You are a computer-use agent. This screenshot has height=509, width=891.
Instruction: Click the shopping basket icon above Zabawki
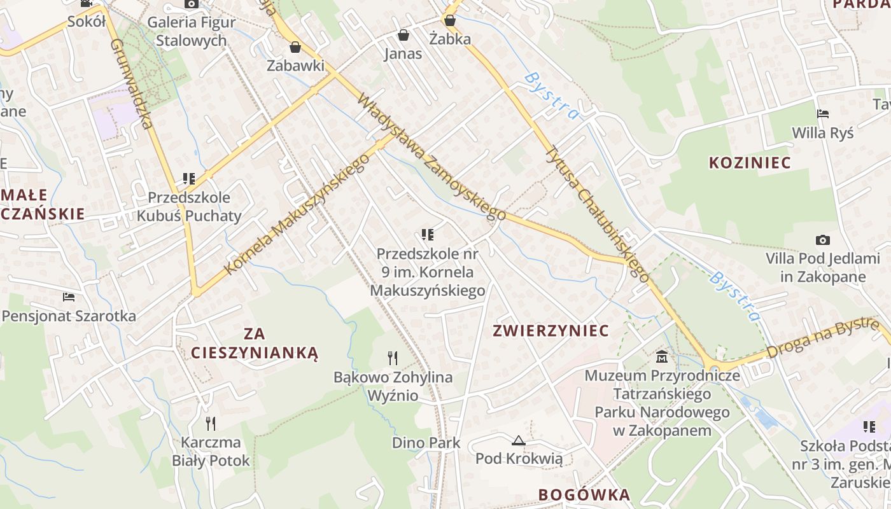(295, 47)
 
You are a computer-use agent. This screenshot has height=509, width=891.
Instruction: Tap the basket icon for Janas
(403, 34)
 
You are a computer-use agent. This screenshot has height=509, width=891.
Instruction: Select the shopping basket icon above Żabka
(450, 20)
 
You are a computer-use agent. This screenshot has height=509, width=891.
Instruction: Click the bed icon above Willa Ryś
(823, 115)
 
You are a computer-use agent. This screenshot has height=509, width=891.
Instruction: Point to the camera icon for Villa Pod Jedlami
(823, 240)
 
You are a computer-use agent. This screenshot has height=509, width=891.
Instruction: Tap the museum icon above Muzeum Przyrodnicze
(662, 356)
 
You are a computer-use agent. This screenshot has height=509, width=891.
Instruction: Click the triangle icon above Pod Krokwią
(519, 440)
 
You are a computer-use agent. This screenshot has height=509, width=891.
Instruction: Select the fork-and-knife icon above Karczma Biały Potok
(211, 423)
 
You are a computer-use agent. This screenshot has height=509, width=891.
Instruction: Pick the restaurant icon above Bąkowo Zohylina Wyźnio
(393, 358)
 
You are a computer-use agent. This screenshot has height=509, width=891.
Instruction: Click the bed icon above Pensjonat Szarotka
(69, 296)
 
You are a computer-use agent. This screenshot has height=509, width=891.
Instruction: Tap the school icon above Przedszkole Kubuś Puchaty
(188, 179)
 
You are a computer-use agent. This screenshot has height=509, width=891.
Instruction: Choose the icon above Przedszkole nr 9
(428, 235)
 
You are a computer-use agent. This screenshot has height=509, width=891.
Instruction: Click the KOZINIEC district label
(750, 163)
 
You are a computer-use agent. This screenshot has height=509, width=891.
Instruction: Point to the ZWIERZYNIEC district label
(551, 331)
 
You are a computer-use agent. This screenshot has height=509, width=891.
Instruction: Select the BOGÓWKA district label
(584, 495)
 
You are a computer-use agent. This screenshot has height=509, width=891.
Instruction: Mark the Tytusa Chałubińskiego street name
(598, 213)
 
